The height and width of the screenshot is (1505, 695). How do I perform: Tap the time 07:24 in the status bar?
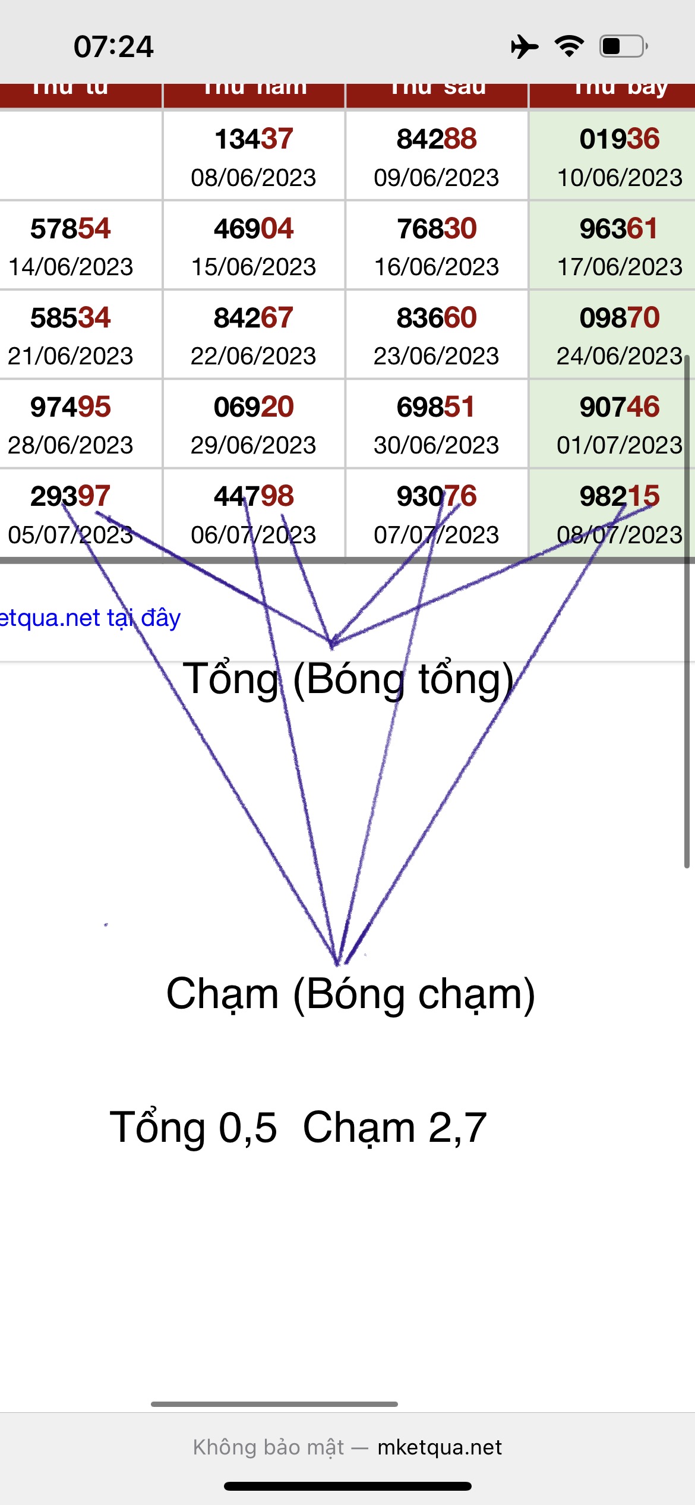(x=113, y=46)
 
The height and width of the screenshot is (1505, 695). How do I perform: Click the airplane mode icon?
(x=524, y=46)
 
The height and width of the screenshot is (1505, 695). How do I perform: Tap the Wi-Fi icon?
(x=569, y=46)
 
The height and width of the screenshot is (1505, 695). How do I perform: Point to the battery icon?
(x=623, y=46)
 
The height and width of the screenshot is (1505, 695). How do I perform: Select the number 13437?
(x=254, y=139)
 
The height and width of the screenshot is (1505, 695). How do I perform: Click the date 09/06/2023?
(x=436, y=178)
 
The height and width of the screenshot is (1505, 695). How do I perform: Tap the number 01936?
(x=620, y=139)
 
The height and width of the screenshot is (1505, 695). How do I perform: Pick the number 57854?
(x=70, y=229)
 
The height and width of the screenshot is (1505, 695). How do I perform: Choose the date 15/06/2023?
(x=254, y=267)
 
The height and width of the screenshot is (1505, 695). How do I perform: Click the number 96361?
(x=619, y=229)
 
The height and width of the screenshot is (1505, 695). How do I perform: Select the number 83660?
(x=437, y=318)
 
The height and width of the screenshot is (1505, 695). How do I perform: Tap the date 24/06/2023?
(x=620, y=356)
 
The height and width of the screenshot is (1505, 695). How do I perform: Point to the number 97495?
(x=70, y=407)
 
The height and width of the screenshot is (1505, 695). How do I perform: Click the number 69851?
(x=436, y=407)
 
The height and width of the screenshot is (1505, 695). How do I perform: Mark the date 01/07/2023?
(x=620, y=445)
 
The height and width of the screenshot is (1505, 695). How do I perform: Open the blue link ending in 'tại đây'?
(x=89, y=618)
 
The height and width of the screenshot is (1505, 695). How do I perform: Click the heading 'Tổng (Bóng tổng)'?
(x=348, y=679)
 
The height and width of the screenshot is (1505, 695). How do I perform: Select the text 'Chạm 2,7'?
(x=395, y=1128)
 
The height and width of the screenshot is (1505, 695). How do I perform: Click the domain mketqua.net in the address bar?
(x=440, y=1447)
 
